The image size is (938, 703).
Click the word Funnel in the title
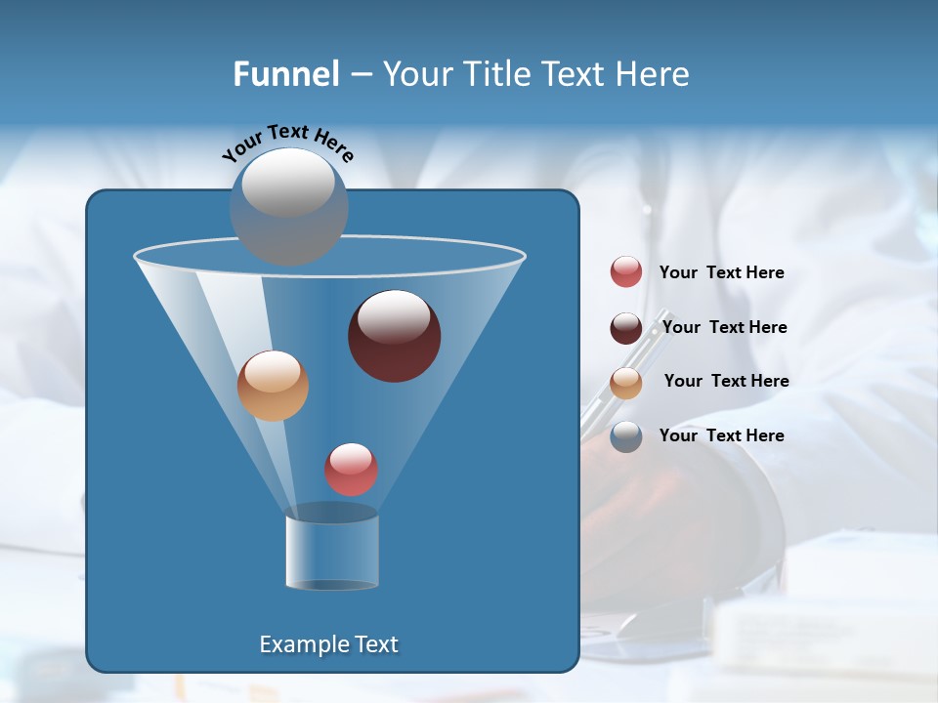pos(286,74)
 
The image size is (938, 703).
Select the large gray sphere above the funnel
pos(288,206)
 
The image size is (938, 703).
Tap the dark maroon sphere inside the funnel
pos(395,337)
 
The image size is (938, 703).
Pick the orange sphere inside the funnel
pos(273,386)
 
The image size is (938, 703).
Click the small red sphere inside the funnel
pos(352,470)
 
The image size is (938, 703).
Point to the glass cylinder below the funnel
pos(332,552)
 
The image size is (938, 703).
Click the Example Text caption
pos(328,644)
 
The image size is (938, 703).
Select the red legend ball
pos(626,272)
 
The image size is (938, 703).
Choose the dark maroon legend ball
pos(626,328)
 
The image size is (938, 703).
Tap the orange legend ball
pos(626,383)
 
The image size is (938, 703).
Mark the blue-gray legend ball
pos(626,436)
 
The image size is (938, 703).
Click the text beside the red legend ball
pos(721,273)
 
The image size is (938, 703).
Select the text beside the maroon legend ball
pos(724,328)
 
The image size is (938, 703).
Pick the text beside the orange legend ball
pos(726,382)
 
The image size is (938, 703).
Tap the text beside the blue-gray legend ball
pos(721,436)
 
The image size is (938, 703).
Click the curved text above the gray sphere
pos(288,141)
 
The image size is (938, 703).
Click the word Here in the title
pos(655,74)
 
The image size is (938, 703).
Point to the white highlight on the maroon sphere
pos(394,316)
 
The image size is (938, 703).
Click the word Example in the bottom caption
pos(297,644)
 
